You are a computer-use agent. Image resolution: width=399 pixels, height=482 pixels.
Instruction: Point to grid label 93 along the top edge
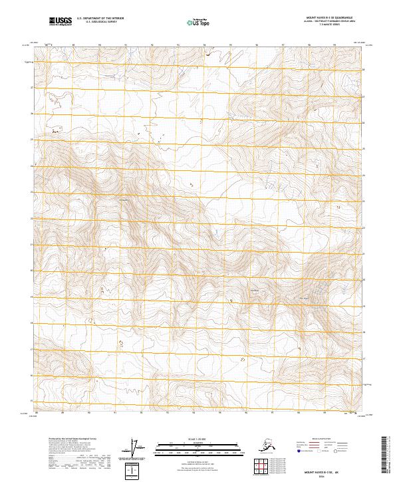(x=178, y=46)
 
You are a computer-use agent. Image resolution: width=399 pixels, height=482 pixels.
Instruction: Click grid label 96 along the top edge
(x=257, y=46)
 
